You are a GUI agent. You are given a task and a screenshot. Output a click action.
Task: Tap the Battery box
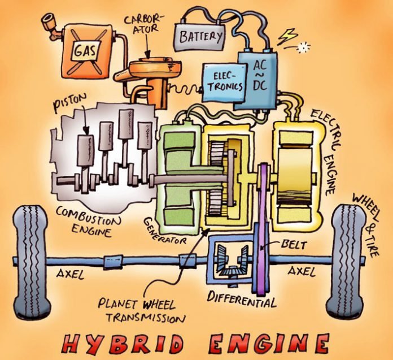point(200,37)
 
